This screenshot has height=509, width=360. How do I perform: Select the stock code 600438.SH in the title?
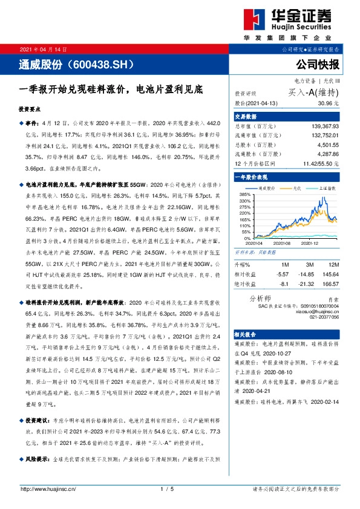tap(105, 63)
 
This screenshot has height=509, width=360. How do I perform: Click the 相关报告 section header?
tap(247, 334)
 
